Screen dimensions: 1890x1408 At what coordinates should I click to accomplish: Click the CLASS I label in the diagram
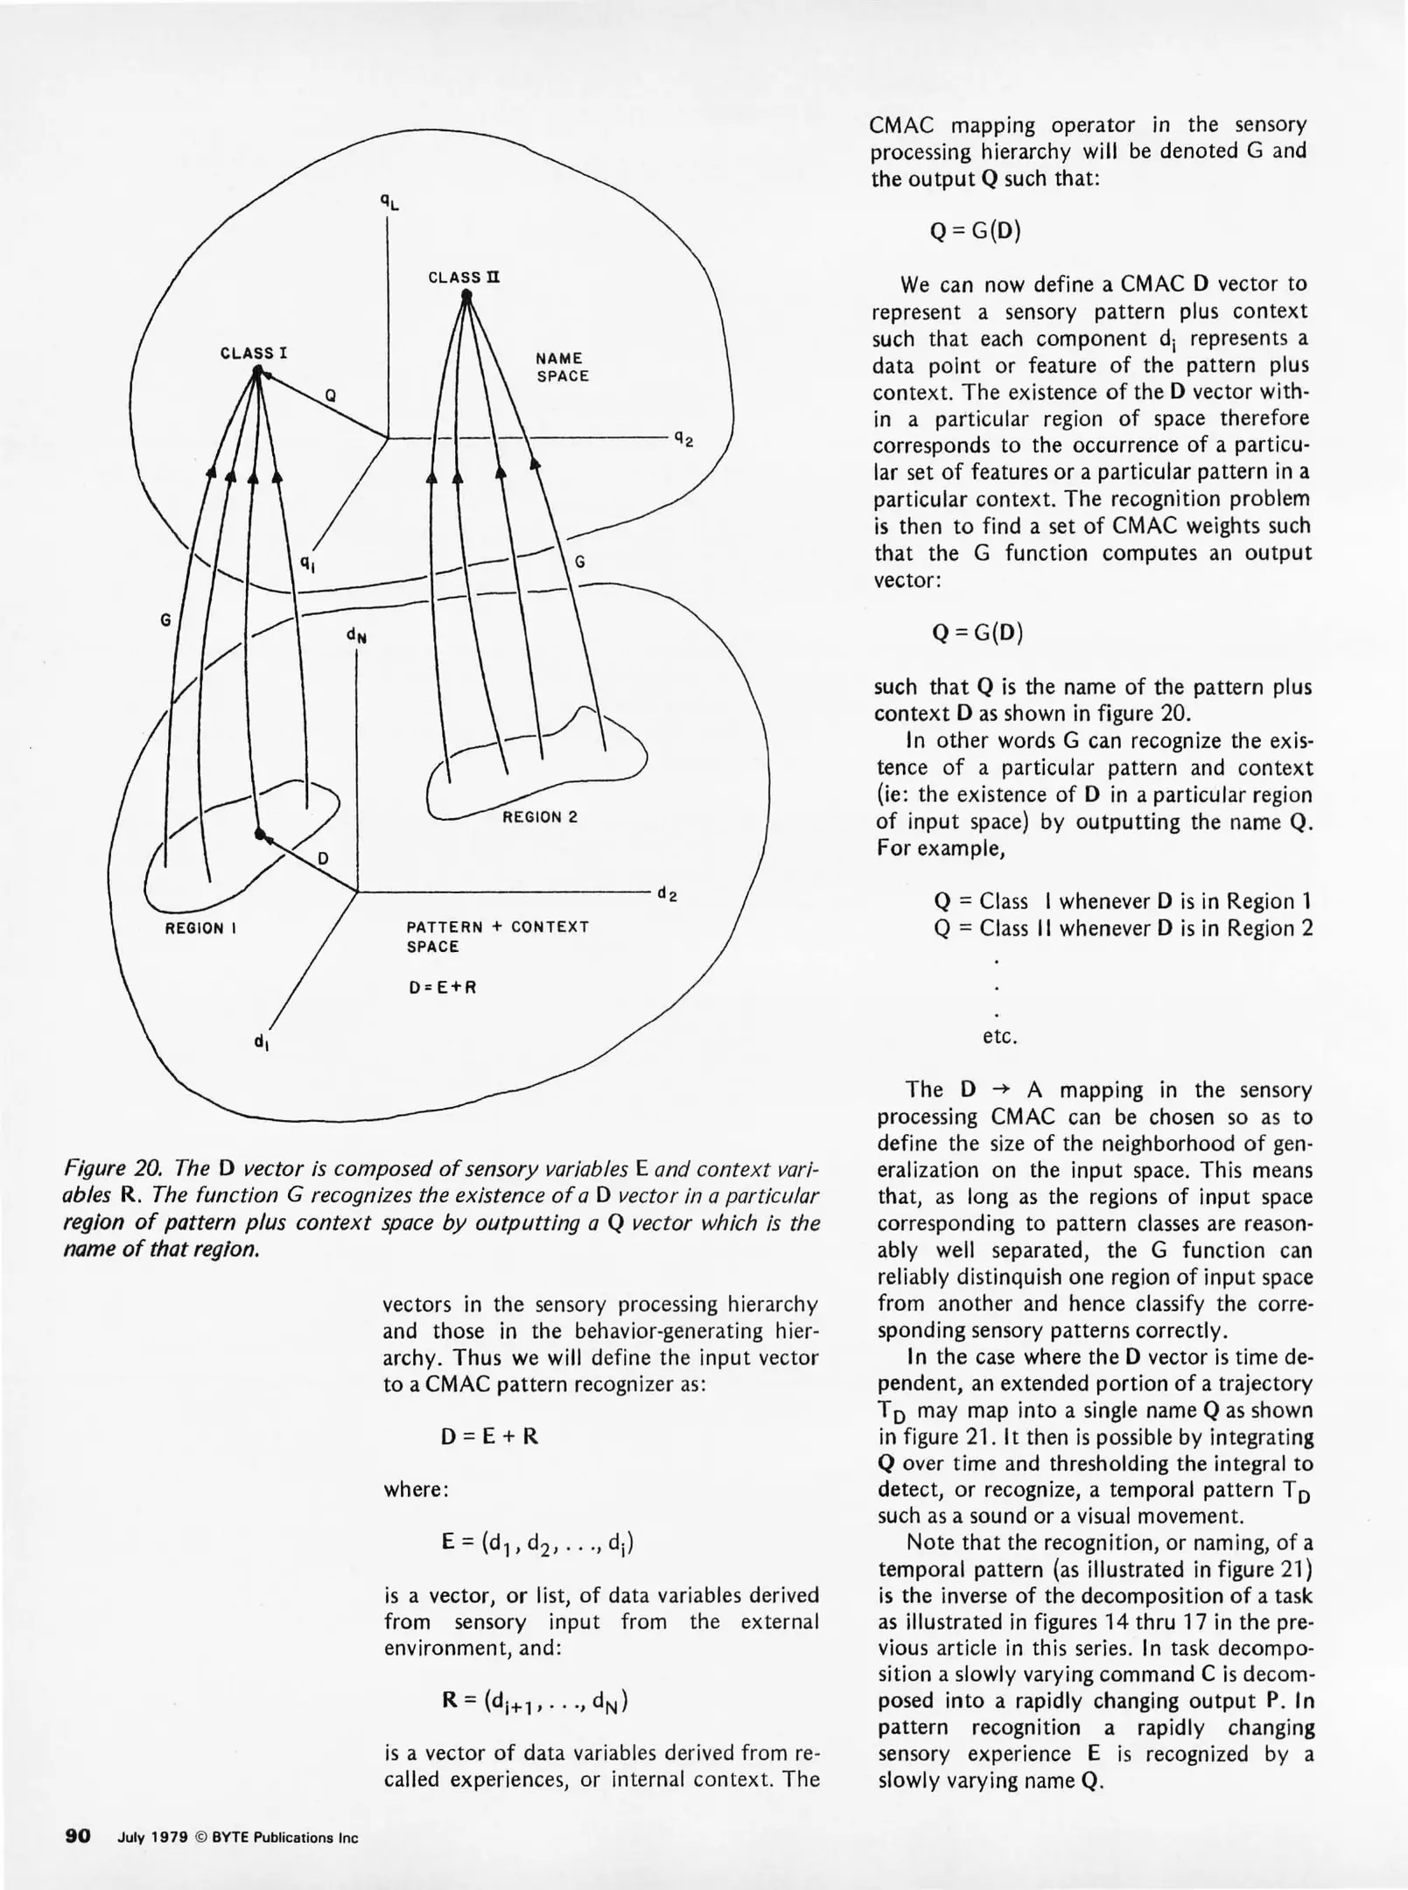pyautogui.click(x=254, y=353)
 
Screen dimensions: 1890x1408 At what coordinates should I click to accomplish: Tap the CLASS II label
pyautogui.click(x=464, y=277)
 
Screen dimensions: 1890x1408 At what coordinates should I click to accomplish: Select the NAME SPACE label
pyautogui.click(x=562, y=367)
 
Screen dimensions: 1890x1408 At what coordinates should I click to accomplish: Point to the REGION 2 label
pyautogui.click(x=539, y=817)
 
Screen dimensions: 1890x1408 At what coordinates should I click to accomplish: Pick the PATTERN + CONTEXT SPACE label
pyautogui.click(x=497, y=936)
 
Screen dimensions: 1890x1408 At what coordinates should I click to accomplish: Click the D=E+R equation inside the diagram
pyautogui.click(x=442, y=988)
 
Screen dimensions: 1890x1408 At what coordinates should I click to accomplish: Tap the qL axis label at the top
pyautogui.click(x=389, y=201)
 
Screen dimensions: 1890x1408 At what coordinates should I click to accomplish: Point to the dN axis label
pyautogui.click(x=356, y=635)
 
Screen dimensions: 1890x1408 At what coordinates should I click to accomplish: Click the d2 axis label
pyautogui.click(x=667, y=893)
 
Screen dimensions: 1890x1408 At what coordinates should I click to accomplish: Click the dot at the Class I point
pyautogui.click(x=257, y=373)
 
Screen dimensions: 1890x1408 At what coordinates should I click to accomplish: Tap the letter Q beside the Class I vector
pyautogui.click(x=331, y=395)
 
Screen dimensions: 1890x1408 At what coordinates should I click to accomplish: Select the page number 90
pyautogui.click(x=78, y=1835)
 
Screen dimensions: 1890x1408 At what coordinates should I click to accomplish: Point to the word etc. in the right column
pyautogui.click(x=999, y=1037)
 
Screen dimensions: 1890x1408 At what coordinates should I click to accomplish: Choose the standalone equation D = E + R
pyautogui.click(x=489, y=1436)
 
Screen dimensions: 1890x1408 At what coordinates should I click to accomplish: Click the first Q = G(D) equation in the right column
pyautogui.click(x=975, y=231)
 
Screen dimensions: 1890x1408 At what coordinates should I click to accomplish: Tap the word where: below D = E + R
pyautogui.click(x=416, y=1489)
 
